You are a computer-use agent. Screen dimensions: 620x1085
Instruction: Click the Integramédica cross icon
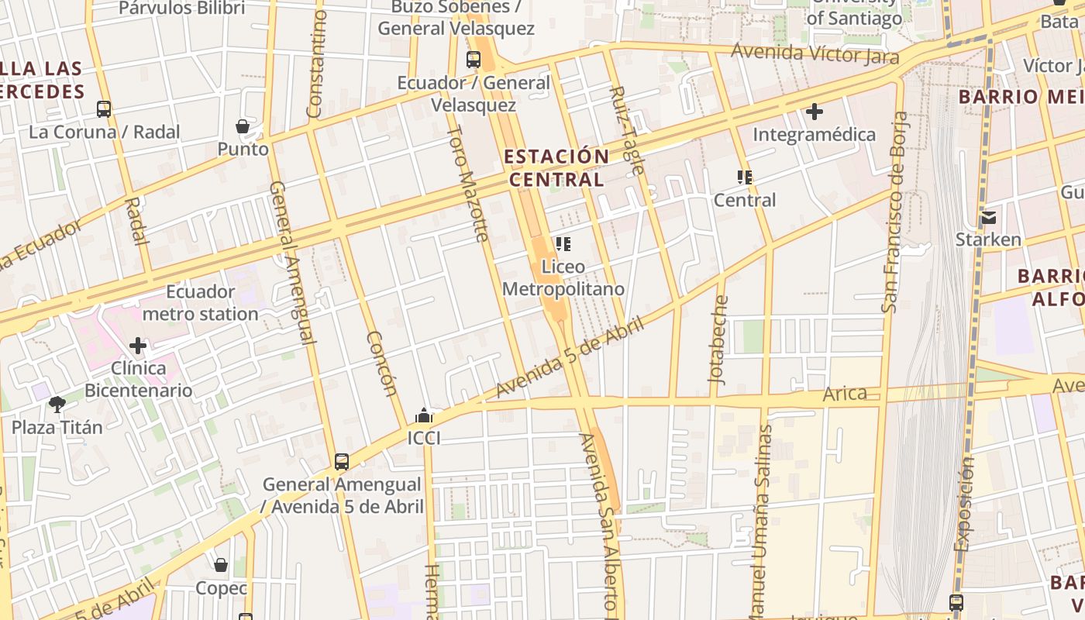point(814,112)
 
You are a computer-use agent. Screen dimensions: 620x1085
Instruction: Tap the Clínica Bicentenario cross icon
point(139,345)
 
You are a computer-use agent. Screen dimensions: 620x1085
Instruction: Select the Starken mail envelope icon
point(988,217)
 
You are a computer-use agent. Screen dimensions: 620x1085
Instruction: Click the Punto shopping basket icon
point(243,126)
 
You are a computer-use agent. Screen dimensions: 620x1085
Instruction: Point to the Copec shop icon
point(221,565)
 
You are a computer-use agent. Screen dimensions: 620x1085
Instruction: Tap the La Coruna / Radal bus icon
point(104,109)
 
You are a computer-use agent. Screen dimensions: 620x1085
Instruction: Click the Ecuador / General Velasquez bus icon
point(473,59)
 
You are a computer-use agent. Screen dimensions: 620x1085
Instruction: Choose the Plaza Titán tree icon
point(57,404)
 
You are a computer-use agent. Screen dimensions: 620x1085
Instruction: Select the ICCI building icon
point(423,415)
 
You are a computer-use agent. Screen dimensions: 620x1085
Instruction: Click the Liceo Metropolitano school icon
point(563,244)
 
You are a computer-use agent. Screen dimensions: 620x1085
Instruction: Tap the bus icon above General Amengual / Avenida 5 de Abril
point(342,462)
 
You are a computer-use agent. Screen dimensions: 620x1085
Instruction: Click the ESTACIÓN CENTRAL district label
point(556,167)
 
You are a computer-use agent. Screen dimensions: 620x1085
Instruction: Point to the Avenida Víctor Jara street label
point(815,54)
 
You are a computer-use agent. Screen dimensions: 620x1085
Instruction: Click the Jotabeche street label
point(718,339)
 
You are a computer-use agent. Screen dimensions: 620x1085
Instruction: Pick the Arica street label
point(845,393)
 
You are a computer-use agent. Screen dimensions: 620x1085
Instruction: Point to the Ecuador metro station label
point(200,303)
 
